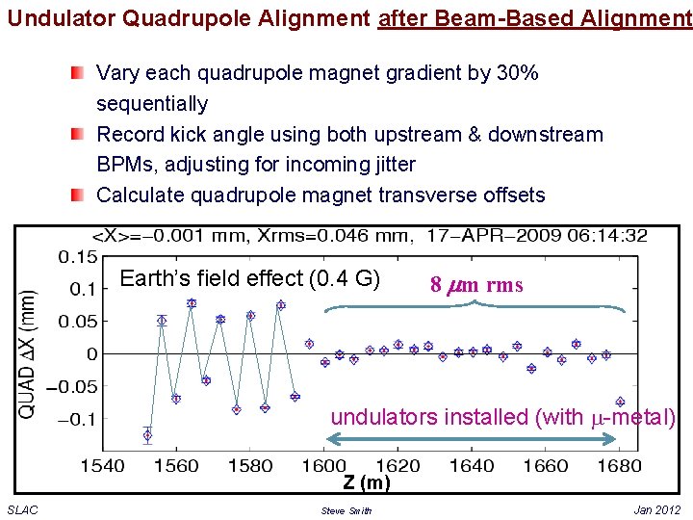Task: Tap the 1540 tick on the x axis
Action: click(102, 466)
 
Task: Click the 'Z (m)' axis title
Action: click(368, 482)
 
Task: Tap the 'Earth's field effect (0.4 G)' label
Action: click(250, 279)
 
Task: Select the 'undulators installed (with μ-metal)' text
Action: click(502, 417)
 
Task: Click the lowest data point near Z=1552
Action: click(147, 435)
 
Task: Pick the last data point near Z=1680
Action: click(620, 402)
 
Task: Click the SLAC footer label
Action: click(23, 509)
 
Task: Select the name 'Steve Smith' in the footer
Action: click(346, 510)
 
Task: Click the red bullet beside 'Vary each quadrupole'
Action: click(77, 72)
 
